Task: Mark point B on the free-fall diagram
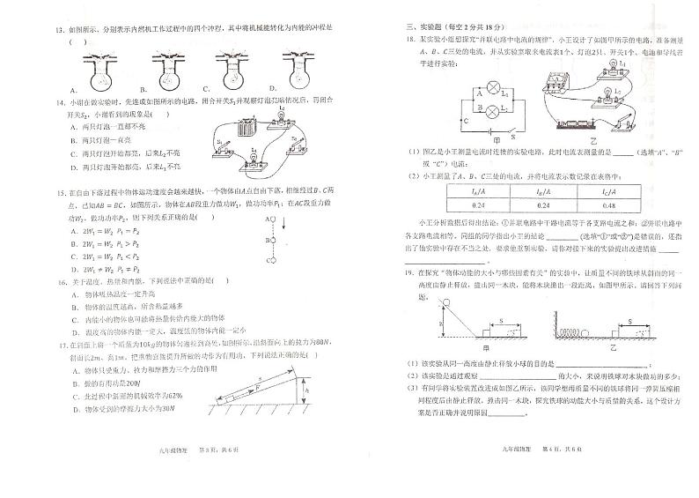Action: tap(273, 239)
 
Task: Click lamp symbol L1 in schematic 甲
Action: tap(493, 88)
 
